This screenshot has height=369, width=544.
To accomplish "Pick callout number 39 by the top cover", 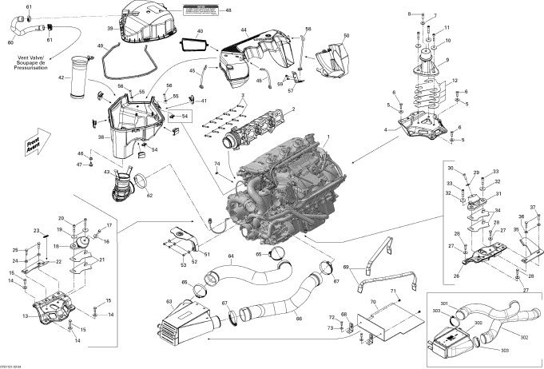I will (110, 28).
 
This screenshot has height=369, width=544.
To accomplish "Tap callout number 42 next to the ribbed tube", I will (61, 78).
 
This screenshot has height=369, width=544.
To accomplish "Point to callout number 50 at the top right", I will (346, 37).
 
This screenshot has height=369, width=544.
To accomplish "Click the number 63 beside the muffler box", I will (169, 302).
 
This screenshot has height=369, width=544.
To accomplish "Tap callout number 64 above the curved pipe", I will (230, 257).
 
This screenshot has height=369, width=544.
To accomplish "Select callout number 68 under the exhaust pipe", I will (299, 319).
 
